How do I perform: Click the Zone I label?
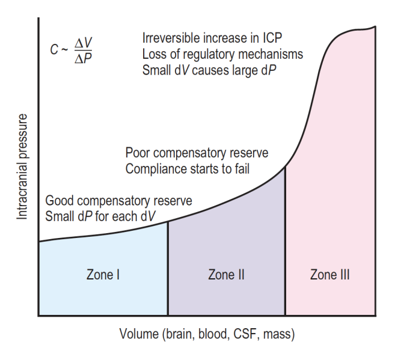[x=103, y=275]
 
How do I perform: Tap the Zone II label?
[x=226, y=275]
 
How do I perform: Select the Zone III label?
[x=330, y=275]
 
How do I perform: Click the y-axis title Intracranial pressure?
[x=22, y=166]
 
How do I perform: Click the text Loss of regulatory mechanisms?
[x=222, y=54]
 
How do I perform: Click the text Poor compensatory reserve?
[x=197, y=153]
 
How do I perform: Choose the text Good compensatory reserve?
[x=119, y=200]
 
